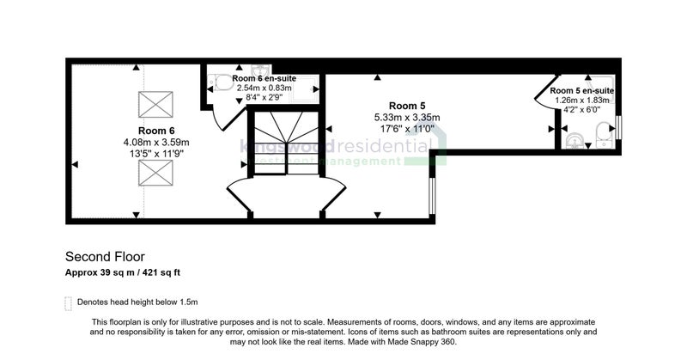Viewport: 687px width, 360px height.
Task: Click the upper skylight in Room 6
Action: (155, 104)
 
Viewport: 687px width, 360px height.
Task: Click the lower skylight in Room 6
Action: (155, 173)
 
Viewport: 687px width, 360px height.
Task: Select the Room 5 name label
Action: (407, 106)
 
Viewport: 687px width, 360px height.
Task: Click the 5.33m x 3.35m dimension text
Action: (407, 118)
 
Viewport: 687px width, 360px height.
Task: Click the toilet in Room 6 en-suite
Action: (221, 82)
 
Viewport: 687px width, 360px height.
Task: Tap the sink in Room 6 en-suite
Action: (261, 70)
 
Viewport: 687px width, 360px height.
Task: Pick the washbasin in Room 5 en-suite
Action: (574, 141)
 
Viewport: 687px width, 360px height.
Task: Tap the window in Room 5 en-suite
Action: (618, 127)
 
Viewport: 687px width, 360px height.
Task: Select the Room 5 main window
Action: (432, 196)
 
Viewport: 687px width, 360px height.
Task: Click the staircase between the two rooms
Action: (287, 143)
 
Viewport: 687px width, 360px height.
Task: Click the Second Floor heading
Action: (105, 257)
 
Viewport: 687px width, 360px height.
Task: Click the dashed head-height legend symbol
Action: (68, 303)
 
